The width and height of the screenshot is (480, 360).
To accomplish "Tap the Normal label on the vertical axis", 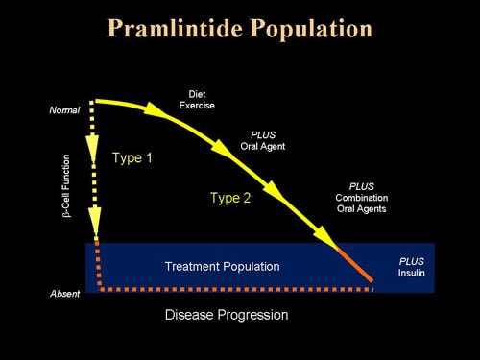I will [64, 110].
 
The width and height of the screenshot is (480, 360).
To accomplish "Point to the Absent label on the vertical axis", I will [64, 294].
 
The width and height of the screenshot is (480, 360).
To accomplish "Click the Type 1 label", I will [132, 156].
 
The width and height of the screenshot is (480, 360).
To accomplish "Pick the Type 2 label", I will [230, 198].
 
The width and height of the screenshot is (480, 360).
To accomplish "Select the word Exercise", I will [196, 105].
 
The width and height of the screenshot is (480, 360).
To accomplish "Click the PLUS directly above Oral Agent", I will [262, 134].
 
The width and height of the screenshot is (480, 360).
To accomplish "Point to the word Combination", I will [361, 197].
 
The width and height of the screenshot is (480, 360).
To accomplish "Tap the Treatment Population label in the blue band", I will [222, 266].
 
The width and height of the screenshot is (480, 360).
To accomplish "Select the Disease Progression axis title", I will [227, 314].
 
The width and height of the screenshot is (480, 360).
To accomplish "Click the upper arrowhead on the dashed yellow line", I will [94, 145].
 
